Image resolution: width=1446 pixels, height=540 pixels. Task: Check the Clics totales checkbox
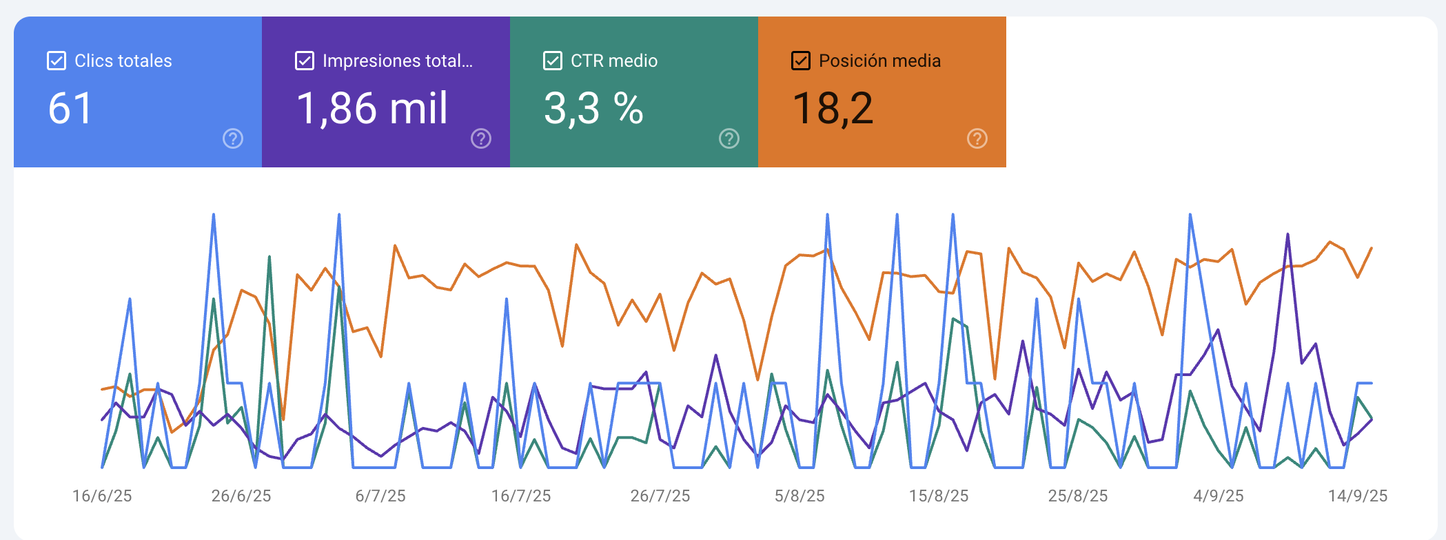coord(57,61)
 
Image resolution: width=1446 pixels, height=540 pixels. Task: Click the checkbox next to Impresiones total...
coord(305,61)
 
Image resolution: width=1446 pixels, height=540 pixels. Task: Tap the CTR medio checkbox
coord(553,61)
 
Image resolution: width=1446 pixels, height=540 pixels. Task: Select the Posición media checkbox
coord(801,61)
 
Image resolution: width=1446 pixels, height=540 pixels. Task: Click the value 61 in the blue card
coord(70,109)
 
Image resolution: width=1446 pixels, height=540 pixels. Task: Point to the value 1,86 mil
coord(372,109)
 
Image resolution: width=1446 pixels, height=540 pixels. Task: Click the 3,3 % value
coord(593,109)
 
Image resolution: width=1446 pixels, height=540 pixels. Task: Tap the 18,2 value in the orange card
coord(833,109)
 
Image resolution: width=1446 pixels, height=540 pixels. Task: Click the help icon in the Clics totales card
coord(233,138)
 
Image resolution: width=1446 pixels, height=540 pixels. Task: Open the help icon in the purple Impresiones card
coord(481,138)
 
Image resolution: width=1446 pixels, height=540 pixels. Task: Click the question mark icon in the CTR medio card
coord(729,138)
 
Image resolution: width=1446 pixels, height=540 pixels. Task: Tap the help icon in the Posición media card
coord(977,138)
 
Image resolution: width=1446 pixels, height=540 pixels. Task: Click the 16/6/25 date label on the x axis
coord(102,496)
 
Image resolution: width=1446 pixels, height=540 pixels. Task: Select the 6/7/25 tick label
coord(380,496)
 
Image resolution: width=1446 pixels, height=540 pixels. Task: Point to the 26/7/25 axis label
coord(660,496)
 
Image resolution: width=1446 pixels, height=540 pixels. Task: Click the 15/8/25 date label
coord(939,496)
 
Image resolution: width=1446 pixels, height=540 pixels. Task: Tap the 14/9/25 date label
coord(1358,496)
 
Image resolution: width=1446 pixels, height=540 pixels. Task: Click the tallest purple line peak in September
coord(1287,235)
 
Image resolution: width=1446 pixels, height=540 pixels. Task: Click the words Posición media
coord(879,61)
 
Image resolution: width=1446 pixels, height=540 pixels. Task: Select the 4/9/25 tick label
coord(1219,496)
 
